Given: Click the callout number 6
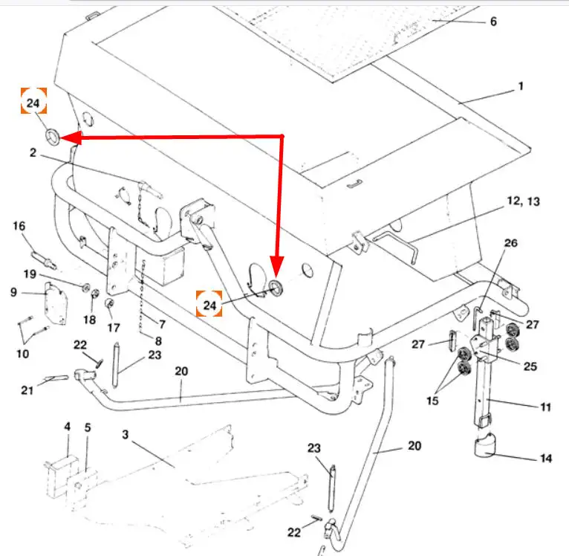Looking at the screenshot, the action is [x=493, y=22].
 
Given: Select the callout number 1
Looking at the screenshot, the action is [x=521, y=86].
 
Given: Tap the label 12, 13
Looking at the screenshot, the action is [x=523, y=201].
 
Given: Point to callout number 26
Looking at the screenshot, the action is [x=510, y=243].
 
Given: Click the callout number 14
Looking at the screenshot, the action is [x=546, y=459].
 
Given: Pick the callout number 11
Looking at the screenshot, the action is [x=546, y=407].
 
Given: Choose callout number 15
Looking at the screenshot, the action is [x=432, y=401].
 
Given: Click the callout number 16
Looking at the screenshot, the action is [x=19, y=226].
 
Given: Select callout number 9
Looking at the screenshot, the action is [x=13, y=292].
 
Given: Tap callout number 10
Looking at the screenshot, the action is [x=22, y=353].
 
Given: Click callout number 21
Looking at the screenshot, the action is [x=27, y=390].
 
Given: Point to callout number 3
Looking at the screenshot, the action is [x=126, y=435].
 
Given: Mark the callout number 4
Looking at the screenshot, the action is [x=68, y=427].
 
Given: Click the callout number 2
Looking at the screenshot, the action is [x=33, y=152].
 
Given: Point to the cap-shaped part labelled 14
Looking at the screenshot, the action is [x=485, y=444].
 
